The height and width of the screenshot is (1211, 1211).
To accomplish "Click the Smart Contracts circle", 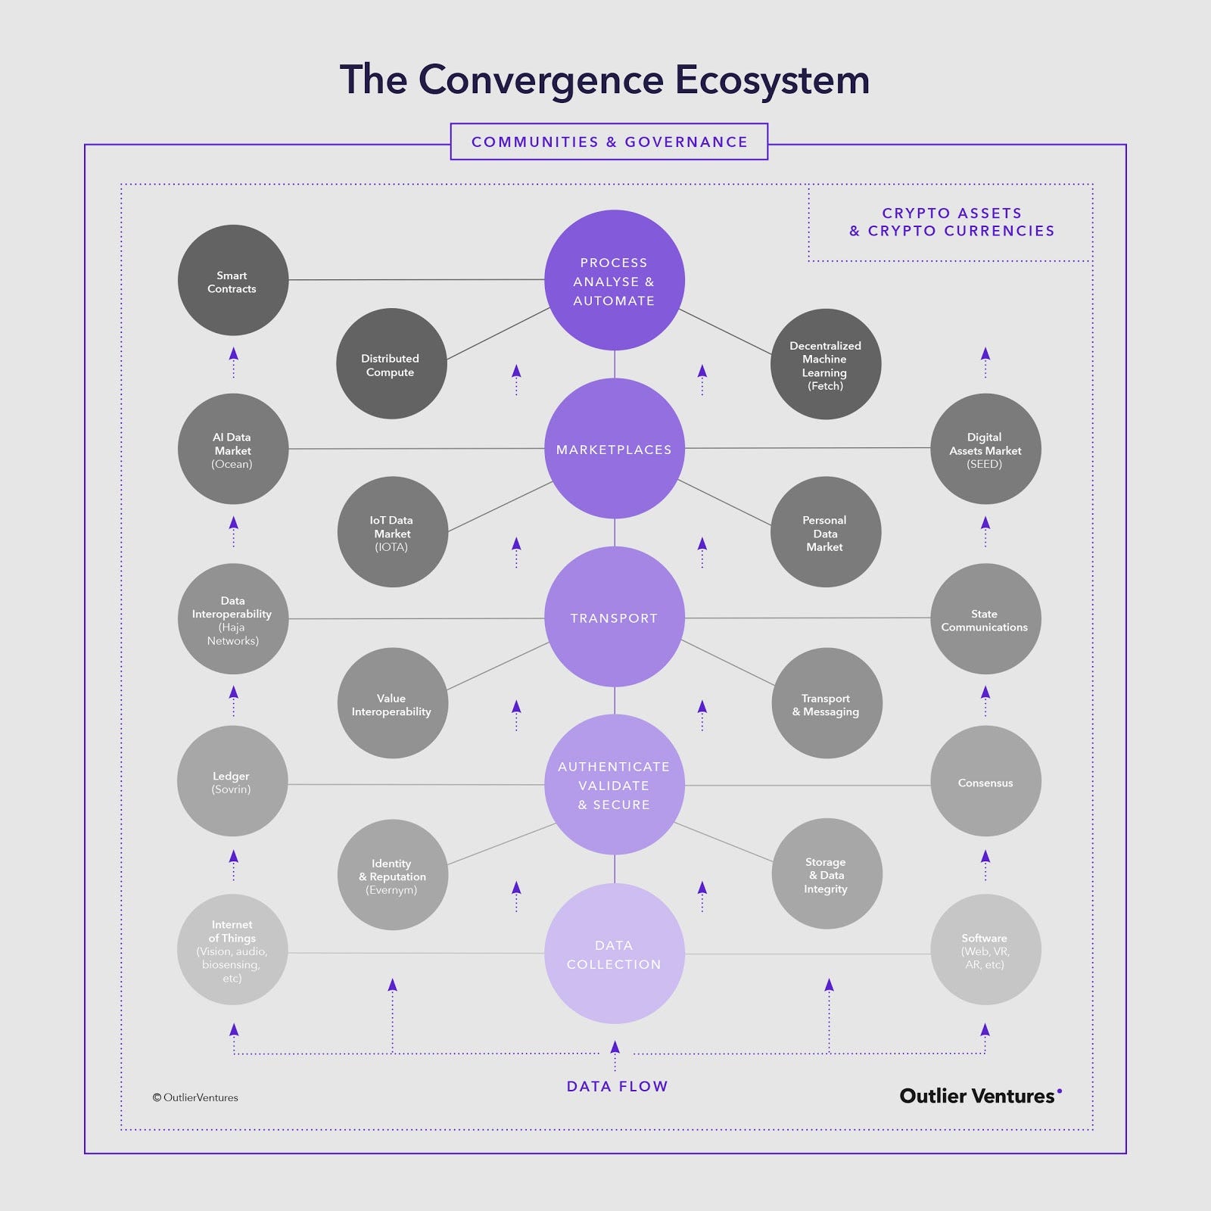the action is (x=233, y=280).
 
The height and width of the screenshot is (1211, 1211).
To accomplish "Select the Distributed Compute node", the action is (x=391, y=363).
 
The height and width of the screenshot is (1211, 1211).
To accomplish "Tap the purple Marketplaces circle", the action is (x=615, y=449).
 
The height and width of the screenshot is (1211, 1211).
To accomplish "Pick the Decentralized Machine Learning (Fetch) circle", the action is (x=826, y=364).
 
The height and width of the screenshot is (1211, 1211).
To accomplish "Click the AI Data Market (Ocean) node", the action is (x=233, y=449).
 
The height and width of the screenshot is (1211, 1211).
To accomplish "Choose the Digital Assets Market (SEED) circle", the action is (x=985, y=449).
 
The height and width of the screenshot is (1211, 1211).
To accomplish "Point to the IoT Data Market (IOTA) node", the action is (x=393, y=532).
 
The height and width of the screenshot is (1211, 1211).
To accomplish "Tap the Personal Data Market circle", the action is (x=826, y=532).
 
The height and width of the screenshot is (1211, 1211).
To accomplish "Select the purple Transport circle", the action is (x=615, y=617).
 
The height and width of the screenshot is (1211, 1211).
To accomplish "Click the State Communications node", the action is (x=985, y=619).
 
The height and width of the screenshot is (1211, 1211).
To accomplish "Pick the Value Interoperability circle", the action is (x=393, y=703).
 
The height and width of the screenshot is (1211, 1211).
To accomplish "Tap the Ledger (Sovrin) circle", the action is (x=232, y=781).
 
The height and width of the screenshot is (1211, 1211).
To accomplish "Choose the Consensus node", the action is (x=986, y=781).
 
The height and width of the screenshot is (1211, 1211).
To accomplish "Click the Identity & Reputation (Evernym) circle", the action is (x=393, y=875).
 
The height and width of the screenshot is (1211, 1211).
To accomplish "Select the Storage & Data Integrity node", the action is (x=827, y=873).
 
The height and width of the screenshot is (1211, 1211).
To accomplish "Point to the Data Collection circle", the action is (x=615, y=954).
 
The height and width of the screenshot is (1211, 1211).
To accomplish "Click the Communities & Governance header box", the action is (x=609, y=142).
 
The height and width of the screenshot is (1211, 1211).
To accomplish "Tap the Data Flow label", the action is (x=618, y=1086).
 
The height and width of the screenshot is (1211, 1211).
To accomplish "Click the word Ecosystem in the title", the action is (x=772, y=81).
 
